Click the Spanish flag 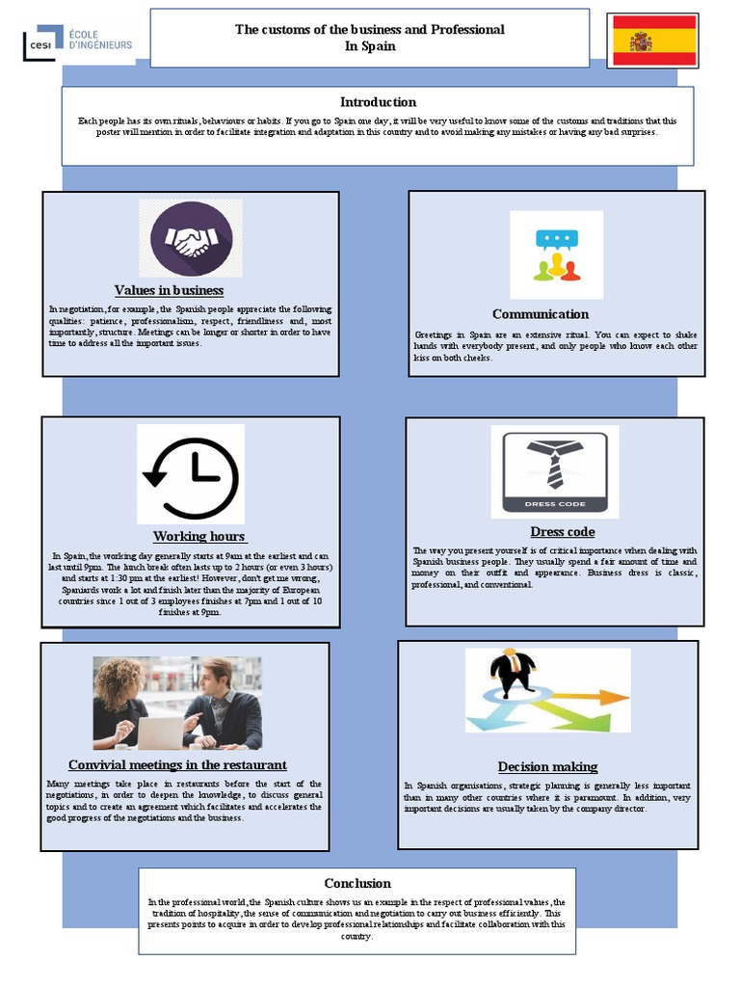point(654,40)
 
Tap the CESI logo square point(42,42)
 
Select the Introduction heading point(378,102)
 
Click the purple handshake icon point(192,239)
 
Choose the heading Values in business point(169,290)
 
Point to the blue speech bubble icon point(557,240)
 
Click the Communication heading point(541,314)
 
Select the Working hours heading point(199,536)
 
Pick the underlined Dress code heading point(563,532)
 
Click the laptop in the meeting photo point(161,733)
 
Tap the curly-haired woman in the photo point(120,703)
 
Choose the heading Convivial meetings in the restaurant point(177,764)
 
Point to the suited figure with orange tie point(514,672)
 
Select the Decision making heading point(547,766)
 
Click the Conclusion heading point(357,883)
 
